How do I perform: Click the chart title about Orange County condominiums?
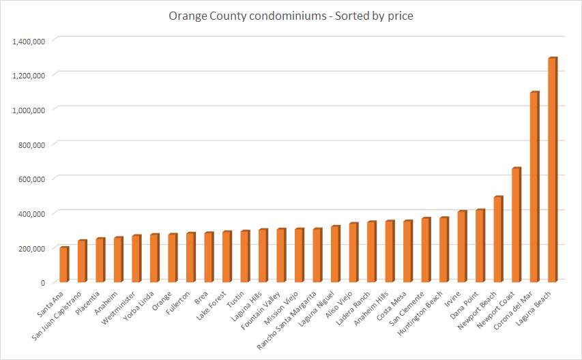point(291,16)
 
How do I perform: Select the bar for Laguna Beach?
point(552,170)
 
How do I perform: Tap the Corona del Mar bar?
point(534,187)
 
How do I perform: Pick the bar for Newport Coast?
point(516,225)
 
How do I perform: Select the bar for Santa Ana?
point(63,265)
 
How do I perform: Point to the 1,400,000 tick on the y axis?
point(29,41)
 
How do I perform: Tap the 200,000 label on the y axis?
point(31,248)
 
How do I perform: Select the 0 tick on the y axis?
point(42,282)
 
